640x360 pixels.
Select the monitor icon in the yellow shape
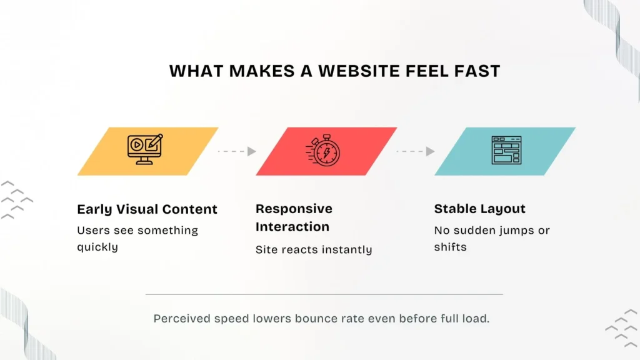(145, 150)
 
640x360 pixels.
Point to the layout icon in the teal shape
(506, 151)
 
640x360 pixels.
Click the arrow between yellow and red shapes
(237, 151)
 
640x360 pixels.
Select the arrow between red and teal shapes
(416, 151)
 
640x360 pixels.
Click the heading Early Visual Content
(147, 209)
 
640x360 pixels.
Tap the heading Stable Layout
(480, 209)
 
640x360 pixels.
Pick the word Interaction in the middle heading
(292, 226)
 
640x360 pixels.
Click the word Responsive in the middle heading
(294, 209)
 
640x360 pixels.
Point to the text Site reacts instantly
(314, 250)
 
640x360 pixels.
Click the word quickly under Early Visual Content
(97, 247)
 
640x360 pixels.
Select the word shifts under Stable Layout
(450, 247)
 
